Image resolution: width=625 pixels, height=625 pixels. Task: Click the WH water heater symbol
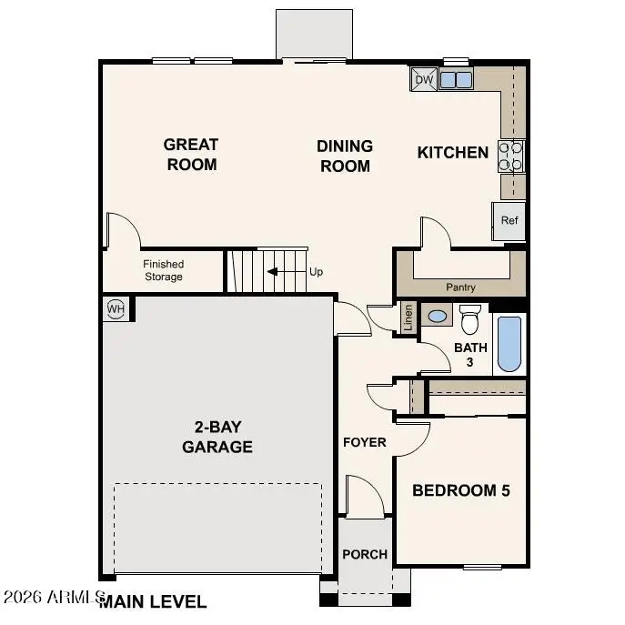pos(116,307)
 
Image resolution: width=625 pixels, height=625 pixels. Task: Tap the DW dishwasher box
pos(424,80)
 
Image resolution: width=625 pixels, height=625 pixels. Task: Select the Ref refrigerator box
pos(509,221)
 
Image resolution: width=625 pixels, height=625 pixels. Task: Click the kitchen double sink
pos(456,80)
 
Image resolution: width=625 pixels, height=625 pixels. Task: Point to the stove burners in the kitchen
pos(510,156)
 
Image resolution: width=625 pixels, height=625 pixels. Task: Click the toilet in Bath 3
pos(470,321)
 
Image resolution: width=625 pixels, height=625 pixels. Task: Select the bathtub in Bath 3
pos(509,343)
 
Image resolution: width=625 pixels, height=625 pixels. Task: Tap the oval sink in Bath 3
pos(438,317)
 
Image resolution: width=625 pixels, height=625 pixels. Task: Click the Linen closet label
pos(408,318)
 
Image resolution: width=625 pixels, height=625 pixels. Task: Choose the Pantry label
pos(460,287)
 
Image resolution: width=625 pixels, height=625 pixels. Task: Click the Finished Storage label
pos(163,270)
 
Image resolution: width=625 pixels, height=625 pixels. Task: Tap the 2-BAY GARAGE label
pos(217,437)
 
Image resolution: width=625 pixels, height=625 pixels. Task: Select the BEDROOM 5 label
pos(460,490)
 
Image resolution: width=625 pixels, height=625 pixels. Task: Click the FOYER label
pos(364,442)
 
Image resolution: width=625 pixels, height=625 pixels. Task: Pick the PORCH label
pos(365,554)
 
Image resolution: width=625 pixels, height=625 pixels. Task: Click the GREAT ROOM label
pos(191,155)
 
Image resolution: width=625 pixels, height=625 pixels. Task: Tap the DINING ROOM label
pos(345,156)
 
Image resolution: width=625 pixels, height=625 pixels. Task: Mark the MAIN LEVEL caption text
pos(153,601)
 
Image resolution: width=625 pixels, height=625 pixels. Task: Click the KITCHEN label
pos(452,153)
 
